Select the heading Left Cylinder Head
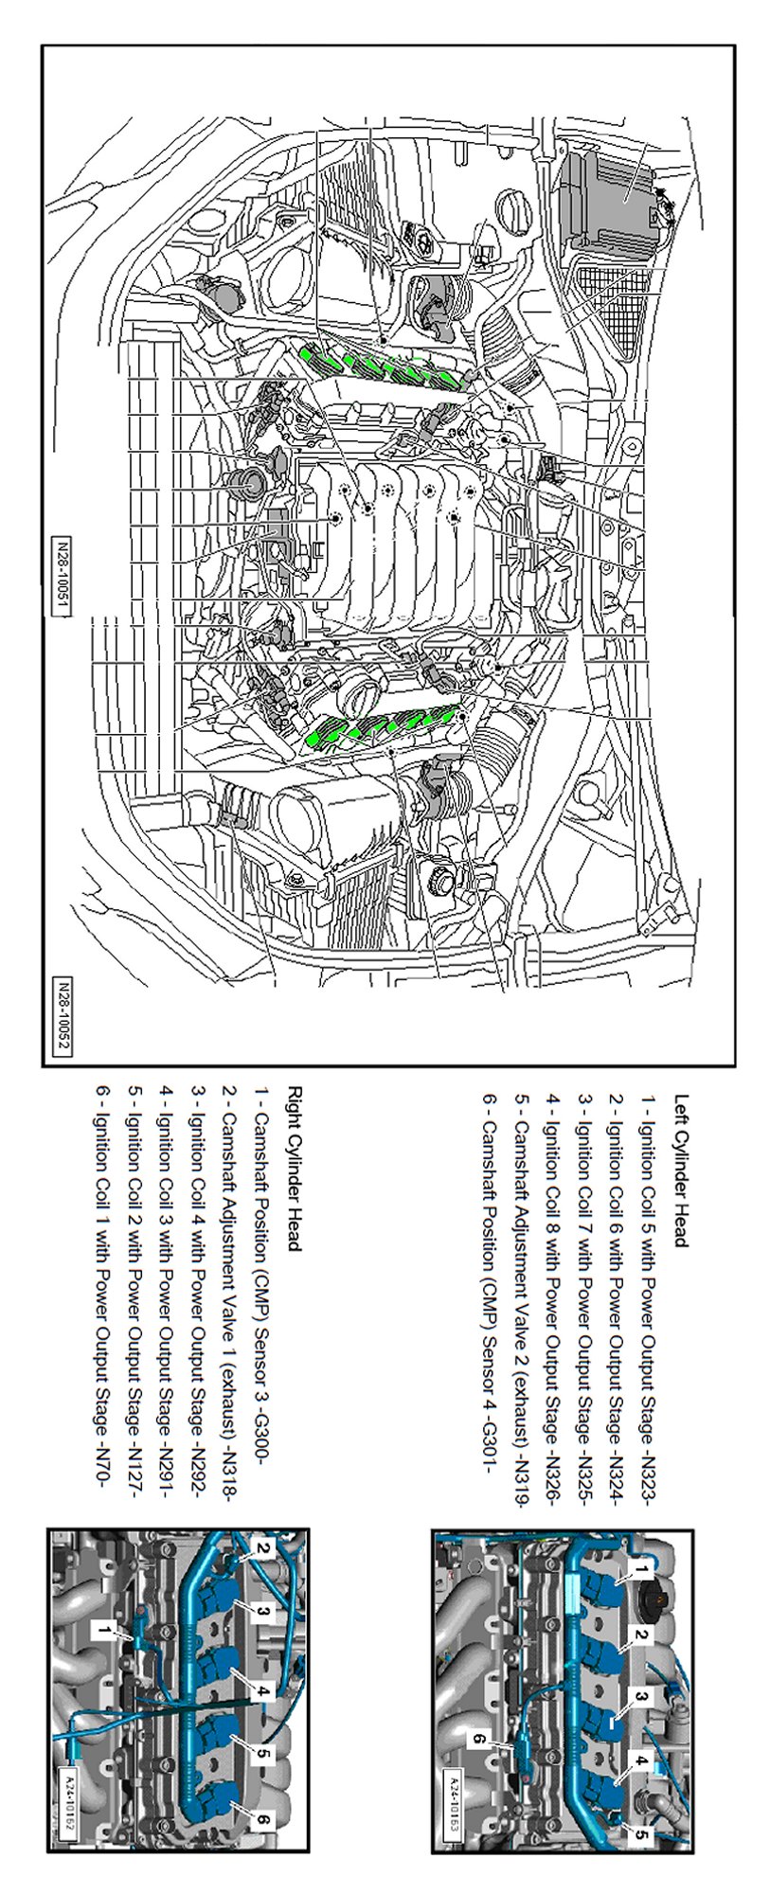[x=681, y=1171]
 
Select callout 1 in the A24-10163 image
[x=642, y=1570]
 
